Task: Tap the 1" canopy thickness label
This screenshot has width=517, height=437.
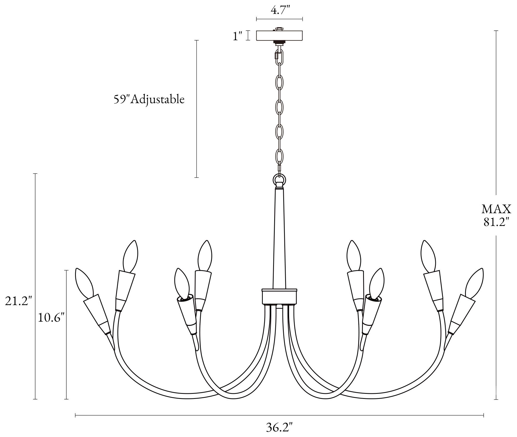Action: pyautogui.click(x=237, y=36)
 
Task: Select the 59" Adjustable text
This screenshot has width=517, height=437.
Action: pyautogui.click(x=149, y=99)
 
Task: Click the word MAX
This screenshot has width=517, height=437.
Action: pyautogui.click(x=497, y=209)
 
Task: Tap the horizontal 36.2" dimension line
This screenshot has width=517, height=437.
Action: pyautogui.click(x=280, y=415)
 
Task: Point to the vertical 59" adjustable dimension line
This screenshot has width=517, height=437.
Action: pyautogui.click(x=197, y=109)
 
